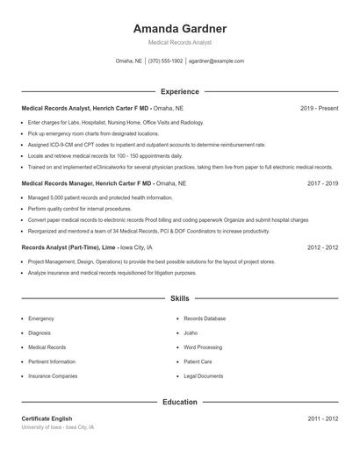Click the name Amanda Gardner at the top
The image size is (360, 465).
179,28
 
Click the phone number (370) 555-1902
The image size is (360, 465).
166,61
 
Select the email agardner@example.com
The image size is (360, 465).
217,61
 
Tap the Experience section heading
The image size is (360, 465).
180,91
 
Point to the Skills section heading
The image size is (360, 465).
180,298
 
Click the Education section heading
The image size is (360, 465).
180,402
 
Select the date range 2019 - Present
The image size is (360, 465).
319,108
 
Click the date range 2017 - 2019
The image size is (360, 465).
322,184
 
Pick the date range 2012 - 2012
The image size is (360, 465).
322,248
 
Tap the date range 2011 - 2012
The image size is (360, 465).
322,419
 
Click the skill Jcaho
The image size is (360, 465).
191,333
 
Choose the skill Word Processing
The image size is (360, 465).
204,347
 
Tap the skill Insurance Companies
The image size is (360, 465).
53,376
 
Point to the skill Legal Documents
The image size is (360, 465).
204,376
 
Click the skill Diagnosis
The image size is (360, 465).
40,333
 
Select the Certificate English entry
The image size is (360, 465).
47,419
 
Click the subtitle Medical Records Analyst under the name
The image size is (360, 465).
179,42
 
